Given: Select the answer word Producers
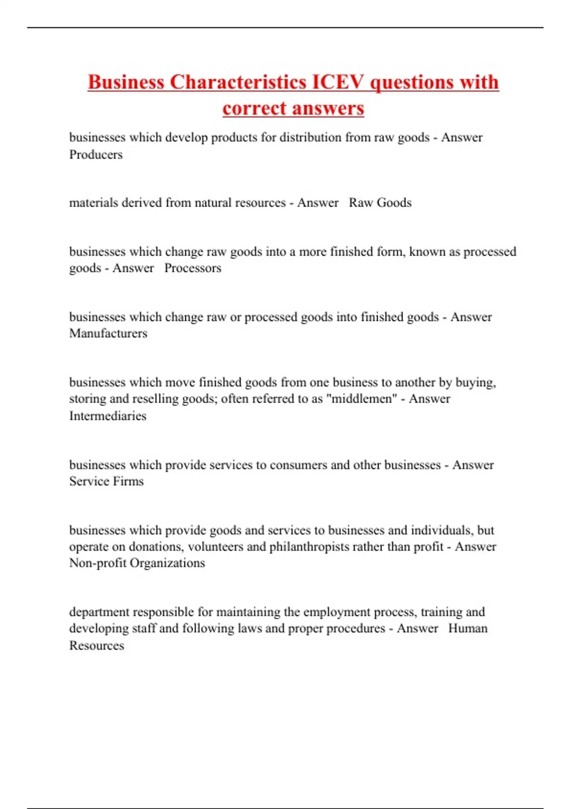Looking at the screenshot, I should click(x=96, y=155).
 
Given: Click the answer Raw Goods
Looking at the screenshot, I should click(x=380, y=203).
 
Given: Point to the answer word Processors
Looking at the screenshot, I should click(x=193, y=268).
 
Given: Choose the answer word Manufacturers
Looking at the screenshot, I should click(x=108, y=333).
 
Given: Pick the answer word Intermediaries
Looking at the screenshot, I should click(x=108, y=415).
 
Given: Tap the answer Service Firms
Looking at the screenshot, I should click(x=106, y=481).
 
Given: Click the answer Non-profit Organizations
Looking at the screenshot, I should click(x=137, y=563).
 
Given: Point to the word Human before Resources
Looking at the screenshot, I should click(x=468, y=628).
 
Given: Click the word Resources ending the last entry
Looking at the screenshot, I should click(x=97, y=645).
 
